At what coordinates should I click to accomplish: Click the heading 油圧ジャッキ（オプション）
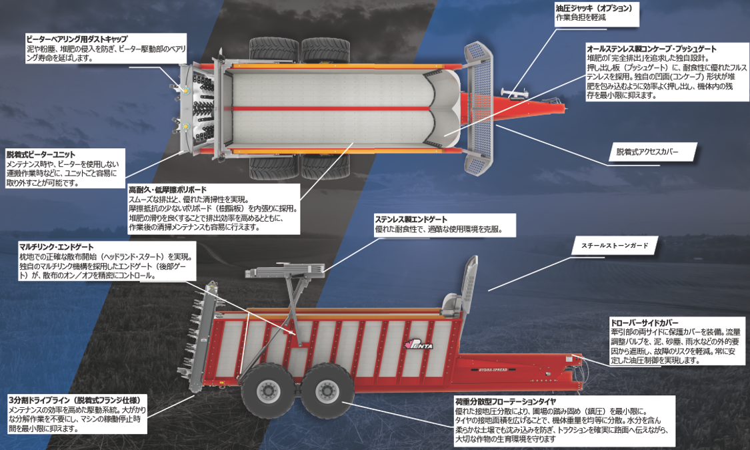[593, 8]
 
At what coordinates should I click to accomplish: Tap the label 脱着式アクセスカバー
[647, 152]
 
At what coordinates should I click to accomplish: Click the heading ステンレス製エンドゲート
[411, 220]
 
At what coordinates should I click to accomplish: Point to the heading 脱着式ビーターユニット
[41, 154]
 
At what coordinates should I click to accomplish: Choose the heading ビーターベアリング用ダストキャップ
[77, 39]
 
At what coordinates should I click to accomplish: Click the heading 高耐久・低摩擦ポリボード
[167, 190]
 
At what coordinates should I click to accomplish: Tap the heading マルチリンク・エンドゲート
[57, 247]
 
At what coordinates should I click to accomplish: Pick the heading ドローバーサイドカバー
[644, 323]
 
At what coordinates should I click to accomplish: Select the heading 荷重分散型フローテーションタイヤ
[505, 402]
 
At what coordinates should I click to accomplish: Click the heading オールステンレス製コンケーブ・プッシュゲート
[651, 49]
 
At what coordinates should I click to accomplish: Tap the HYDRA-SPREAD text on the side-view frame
[493, 369]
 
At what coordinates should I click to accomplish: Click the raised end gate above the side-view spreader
[285, 271]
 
